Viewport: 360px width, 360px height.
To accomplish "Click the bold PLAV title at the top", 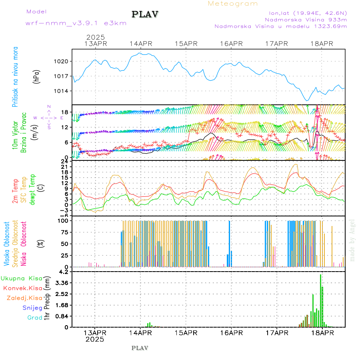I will [145, 14].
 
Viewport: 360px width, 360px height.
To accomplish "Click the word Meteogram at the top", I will [233, 4].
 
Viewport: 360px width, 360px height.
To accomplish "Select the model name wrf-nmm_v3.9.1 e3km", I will [76, 23].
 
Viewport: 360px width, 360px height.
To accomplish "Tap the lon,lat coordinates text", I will [308, 12].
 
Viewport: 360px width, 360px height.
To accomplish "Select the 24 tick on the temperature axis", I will [64, 161].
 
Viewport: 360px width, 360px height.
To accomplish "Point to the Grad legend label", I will [34, 318].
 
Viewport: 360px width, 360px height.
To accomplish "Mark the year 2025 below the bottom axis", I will [95, 339].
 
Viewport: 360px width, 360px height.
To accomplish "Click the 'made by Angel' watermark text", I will [352, 240].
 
